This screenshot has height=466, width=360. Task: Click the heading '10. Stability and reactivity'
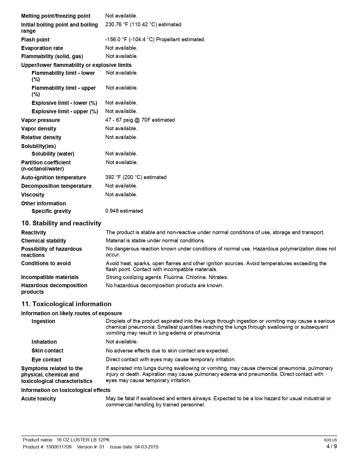click(61, 223)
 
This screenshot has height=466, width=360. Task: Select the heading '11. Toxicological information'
click(66, 304)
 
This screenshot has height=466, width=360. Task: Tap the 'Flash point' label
click(35, 40)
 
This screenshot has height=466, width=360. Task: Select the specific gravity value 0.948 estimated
click(124, 211)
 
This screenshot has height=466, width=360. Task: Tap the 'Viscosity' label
click(33, 195)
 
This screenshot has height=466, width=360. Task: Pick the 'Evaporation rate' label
click(42, 48)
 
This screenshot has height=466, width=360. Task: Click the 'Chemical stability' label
click(43, 241)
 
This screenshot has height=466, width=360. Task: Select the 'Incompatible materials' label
click(50, 277)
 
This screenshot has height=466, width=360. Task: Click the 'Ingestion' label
click(43, 321)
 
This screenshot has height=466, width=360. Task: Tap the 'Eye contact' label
click(46, 360)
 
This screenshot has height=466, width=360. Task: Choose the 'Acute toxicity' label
click(38, 399)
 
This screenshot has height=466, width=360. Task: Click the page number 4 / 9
click(331, 446)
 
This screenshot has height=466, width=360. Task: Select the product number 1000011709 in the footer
click(59, 447)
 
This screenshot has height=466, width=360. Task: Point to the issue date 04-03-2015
click(146, 447)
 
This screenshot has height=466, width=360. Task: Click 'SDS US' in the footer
click(330, 440)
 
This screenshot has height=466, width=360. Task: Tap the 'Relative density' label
click(41, 137)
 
